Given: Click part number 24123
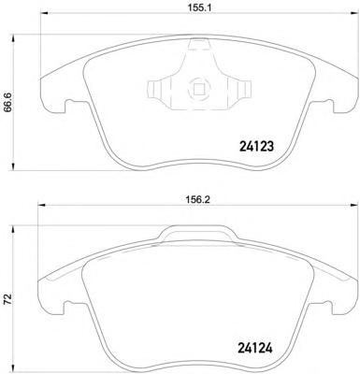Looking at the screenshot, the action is [x=256, y=147].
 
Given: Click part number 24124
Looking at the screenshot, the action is [x=255, y=348].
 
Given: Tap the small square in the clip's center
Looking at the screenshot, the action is [x=199, y=90].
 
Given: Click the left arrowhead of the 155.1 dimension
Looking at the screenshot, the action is [x=44, y=13].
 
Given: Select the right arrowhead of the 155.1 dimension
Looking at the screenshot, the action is [x=353, y=13].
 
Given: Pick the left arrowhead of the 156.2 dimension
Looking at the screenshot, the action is [x=41, y=205].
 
